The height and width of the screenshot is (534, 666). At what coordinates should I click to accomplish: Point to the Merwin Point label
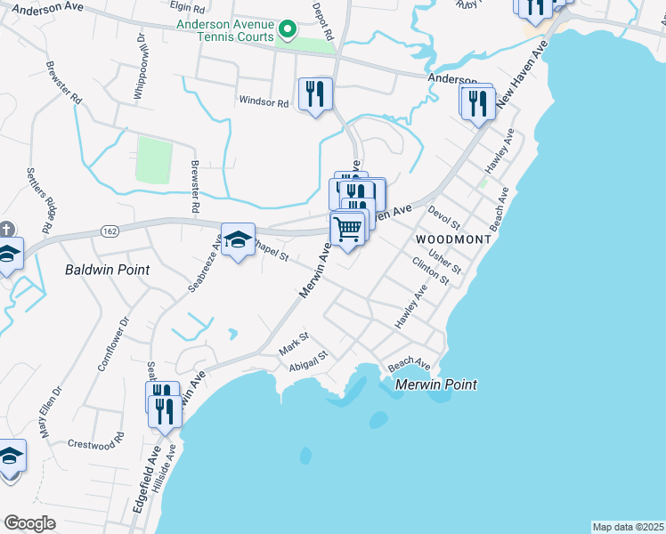(x=436, y=384)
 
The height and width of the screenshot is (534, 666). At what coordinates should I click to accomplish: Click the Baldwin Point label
(x=107, y=269)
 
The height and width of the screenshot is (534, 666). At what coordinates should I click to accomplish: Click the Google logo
(x=29, y=523)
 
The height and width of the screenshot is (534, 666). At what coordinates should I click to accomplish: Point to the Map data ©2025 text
(x=627, y=527)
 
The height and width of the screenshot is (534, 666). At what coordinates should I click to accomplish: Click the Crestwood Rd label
(x=96, y=443)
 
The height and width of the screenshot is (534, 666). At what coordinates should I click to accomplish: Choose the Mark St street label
(x=293, y=343)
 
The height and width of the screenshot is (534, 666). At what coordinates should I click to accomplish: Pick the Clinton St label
(x=431, y=271)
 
